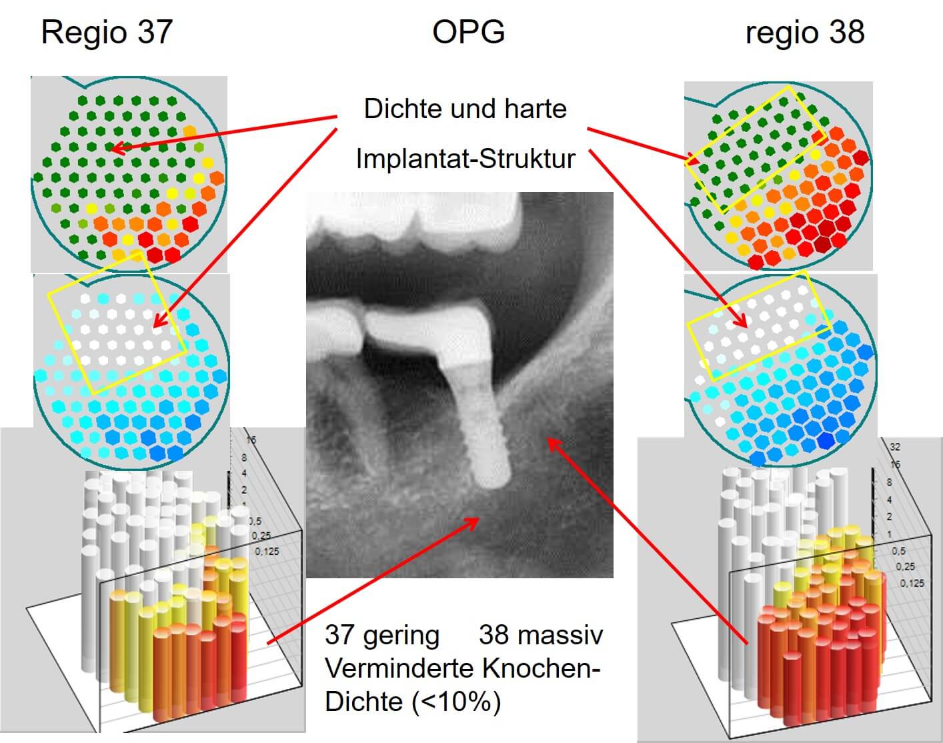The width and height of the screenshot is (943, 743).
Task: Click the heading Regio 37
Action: (x=107, y=32)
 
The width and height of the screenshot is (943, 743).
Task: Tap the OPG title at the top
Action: (x=468, y=31)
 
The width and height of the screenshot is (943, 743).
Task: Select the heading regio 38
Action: (x=804, y=32)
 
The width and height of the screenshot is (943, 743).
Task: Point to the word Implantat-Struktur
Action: (x=465, y=159)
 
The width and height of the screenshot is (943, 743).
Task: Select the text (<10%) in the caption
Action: (x=456, y=702)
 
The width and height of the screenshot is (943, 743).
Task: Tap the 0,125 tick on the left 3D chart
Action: (x=267, y=552)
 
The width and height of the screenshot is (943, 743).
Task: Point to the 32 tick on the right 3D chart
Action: (x=896, y=448)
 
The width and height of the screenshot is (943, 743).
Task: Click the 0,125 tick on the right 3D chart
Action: (x=912, y=584)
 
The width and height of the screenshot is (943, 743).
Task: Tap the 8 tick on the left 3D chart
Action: (x=245, y=458)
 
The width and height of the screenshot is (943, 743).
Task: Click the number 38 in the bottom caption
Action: (x=494, y=634)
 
